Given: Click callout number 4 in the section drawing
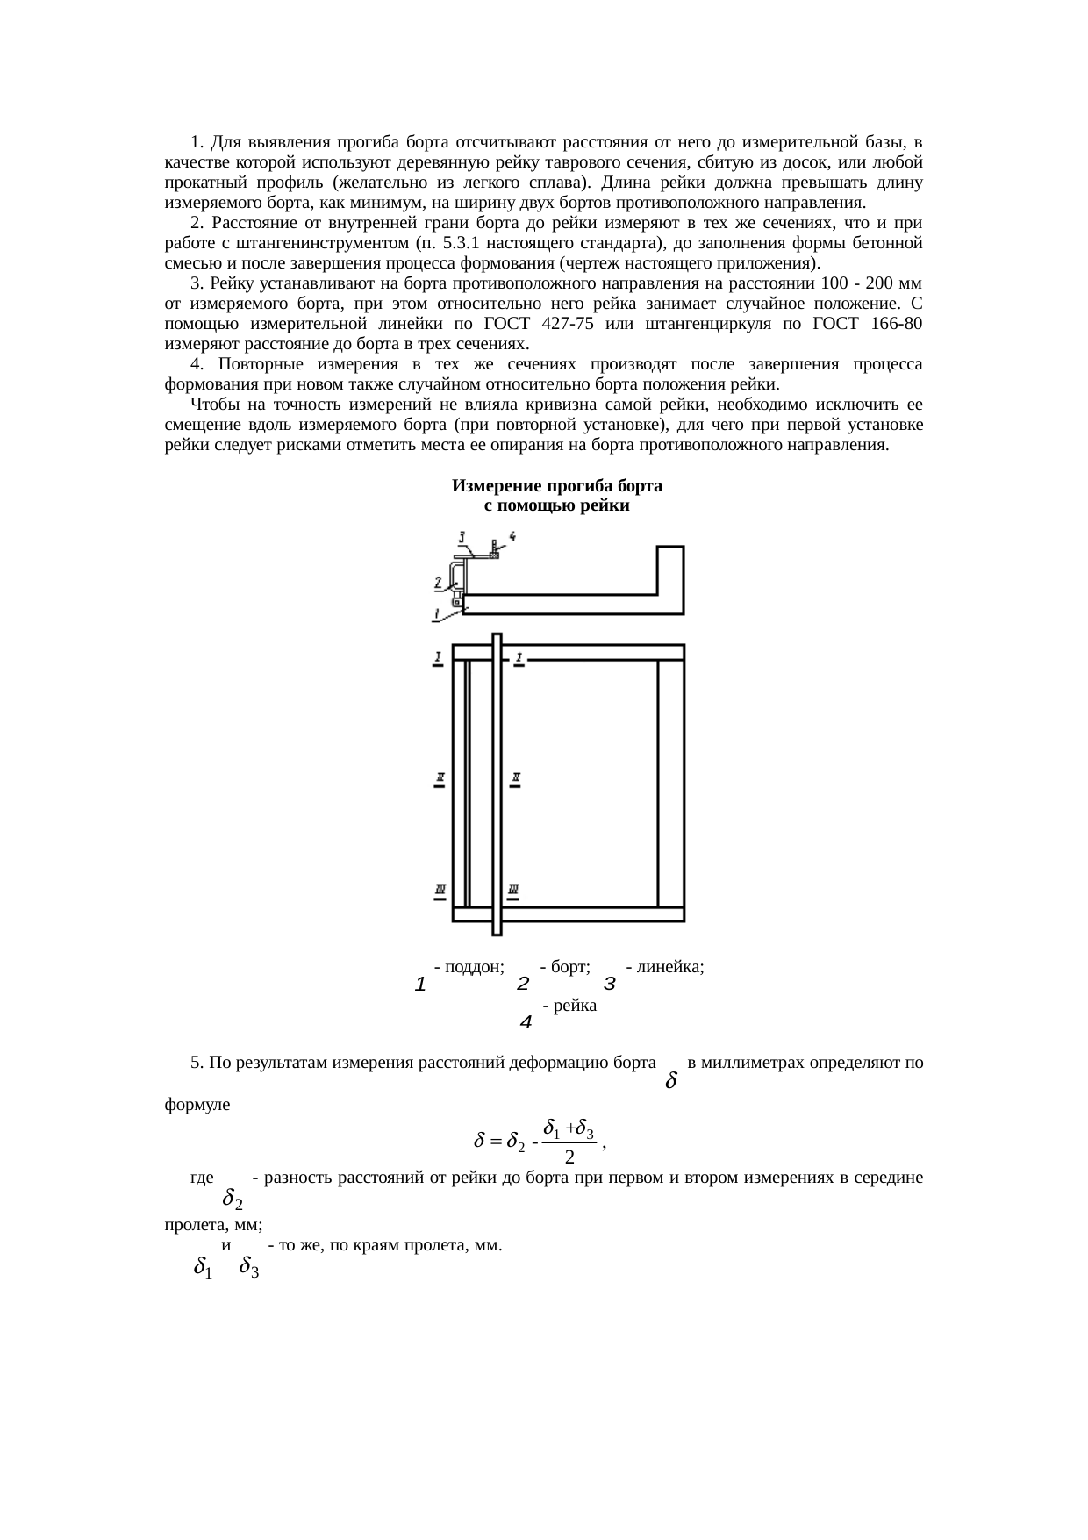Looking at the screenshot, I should click(512, 535).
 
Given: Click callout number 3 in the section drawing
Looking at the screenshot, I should click(462, 535).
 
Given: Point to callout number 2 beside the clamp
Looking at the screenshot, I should click(437, 581).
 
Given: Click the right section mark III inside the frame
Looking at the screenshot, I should click(513, 892).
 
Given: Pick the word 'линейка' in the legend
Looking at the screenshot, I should click(669, 967).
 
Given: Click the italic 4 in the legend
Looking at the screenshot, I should click(526, 1022).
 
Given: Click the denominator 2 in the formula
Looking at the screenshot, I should click(569, 1157).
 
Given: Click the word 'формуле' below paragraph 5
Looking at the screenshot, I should click(197, 1105).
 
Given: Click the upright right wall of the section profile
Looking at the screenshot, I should click(671, 579).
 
